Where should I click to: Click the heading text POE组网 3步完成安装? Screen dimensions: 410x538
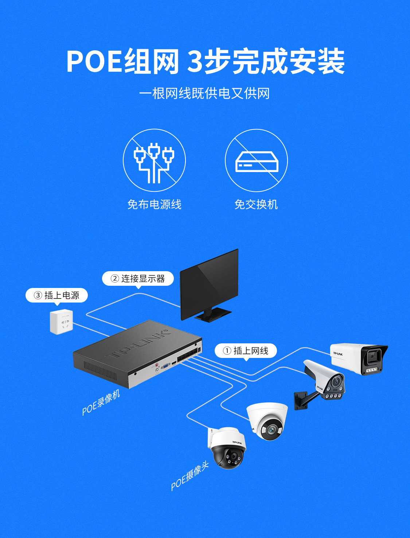[x=205, y=61]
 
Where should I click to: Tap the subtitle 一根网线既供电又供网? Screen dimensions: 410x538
[x=204, y=93]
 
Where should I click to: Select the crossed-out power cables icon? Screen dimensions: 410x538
[x=154, y=160]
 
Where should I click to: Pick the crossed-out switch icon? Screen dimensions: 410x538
[x=256, y=160]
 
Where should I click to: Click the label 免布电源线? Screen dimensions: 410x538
[x=154, y=204]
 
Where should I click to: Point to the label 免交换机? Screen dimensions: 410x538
[x=256, y=204]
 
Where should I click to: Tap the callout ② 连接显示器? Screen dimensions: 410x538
[x=138, y=278]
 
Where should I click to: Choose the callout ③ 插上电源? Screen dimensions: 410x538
[x=57, y=295]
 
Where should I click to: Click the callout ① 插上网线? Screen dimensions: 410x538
[x=246, y=351]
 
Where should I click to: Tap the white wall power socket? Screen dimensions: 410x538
[x=62, y=322]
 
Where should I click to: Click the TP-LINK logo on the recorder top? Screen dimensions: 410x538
[x=139, y=344]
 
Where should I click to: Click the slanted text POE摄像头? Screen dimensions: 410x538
[x=190, y=476]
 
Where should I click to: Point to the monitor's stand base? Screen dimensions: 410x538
[x=213, y=315]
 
